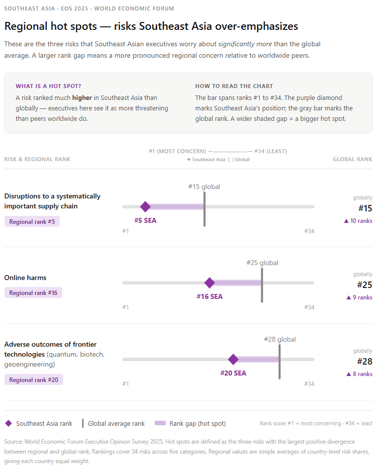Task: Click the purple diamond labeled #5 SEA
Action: pyautogui.click(x=145, y=206)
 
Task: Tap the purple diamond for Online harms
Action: pyautogui.click(x=209, y=283)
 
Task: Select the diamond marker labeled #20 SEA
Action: pyautogui.click(x=233, y=360)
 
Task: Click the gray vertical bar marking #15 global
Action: pyautogui.click(x=204, y=209)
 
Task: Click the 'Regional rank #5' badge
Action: pyautogui.click(x=32, y=221)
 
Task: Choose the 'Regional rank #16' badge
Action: pyautogui.click(x=33, y=293)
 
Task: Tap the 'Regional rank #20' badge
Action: pyautogui.click(x=34, y=380)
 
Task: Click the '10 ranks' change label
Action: pyautogui.click(x=358, y=221)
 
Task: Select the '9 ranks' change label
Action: pyautogui.click(x=359, y=297)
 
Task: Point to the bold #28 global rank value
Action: pyautogui.click(x=365, y=362)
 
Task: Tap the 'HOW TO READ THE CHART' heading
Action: pyautogui.click(x=234, y=86)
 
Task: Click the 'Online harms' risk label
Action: pyautogui.click(x=25, y=278)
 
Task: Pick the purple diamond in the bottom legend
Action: pyautogui.click(x=8, y=424)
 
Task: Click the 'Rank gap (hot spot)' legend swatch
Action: pyautogui.click(x=160, y=424)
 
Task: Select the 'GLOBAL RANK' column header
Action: pyautogui.click(x=352, y=159)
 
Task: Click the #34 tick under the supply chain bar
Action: pyautogui.click(x=309, y=231)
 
